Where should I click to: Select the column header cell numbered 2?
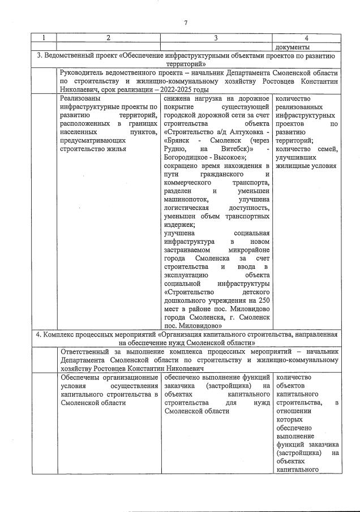point(108,37)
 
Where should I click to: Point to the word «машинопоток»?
point(185,200)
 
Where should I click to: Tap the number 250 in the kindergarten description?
point(264,300)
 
